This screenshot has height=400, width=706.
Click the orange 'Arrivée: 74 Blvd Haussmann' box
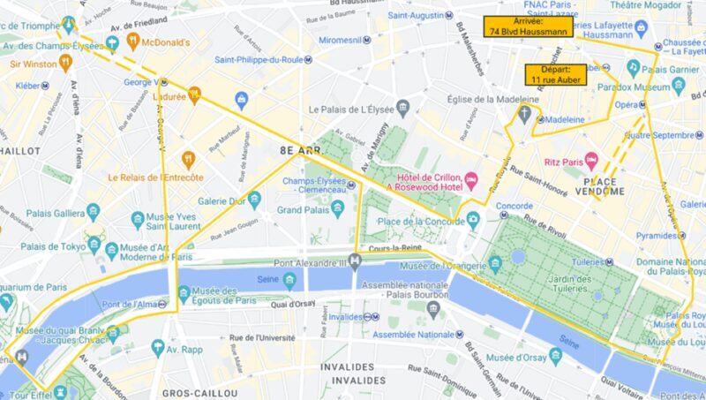pyautogui.click(x=527, y=26)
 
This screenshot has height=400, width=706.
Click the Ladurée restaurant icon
pyautogui.click(x=195, y=95)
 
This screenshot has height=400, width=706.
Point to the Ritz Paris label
pyautogui.click(x=563, y=162)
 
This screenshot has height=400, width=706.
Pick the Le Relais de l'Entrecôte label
pyautogui.click(x=156, y=177)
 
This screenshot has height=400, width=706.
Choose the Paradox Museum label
pyautogui.click(x=634, y=87)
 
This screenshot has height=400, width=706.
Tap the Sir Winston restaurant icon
pyautogui.click(x=64, y=63)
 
